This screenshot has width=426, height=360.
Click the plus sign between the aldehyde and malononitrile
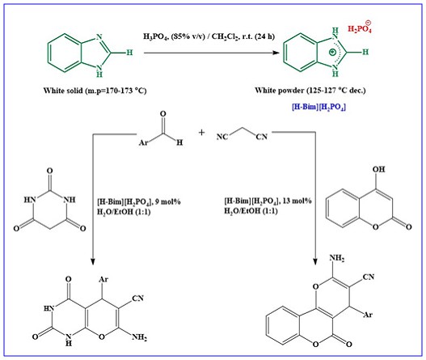point(201,132)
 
